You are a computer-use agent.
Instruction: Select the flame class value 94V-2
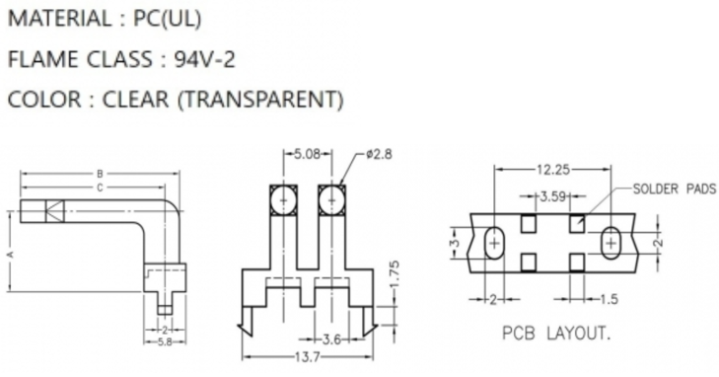pos(204,59)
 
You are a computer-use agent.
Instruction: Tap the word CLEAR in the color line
pos(135,100)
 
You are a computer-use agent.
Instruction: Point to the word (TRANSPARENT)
pos(260,100)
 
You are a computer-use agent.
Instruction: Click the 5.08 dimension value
pos(307,154)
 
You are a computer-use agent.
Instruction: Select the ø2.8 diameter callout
pos(380,154)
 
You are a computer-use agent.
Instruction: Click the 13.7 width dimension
pos(307,357)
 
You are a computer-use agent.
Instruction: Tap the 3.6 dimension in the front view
pos(331,339)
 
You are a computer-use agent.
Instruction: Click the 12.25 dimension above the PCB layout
pos(553,170)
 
